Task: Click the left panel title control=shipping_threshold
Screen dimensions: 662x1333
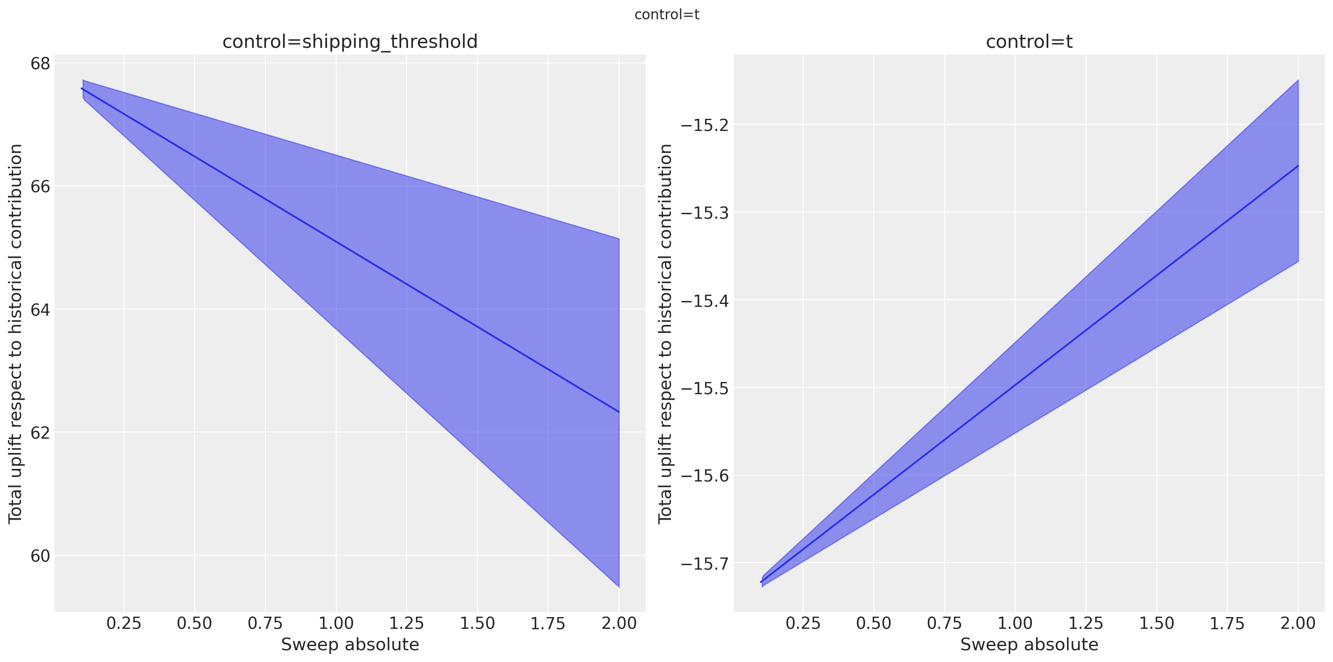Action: coord(350,42)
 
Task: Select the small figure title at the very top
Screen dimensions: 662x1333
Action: coord(667,15)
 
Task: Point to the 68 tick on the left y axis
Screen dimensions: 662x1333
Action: coord(40,64)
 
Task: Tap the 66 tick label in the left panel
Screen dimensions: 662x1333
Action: coord(40,186)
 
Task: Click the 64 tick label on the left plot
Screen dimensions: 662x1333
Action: coord(40,310)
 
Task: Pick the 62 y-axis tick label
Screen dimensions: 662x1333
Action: coord(40,432)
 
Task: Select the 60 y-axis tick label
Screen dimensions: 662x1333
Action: coord(40,556)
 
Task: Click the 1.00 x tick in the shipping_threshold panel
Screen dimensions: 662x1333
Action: coord(336,623)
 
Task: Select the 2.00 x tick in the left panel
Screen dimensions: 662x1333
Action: coord(619,623)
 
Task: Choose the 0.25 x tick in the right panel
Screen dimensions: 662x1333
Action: coord(803,623)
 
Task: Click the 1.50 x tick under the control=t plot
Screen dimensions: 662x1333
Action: coord(1156,623)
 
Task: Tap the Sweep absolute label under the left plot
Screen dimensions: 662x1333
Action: coord(350,645)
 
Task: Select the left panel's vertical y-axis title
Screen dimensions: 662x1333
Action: coord(16,334)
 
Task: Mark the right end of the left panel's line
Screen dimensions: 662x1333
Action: coord(618,412)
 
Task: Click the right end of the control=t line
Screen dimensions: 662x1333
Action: coord(1298,166)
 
